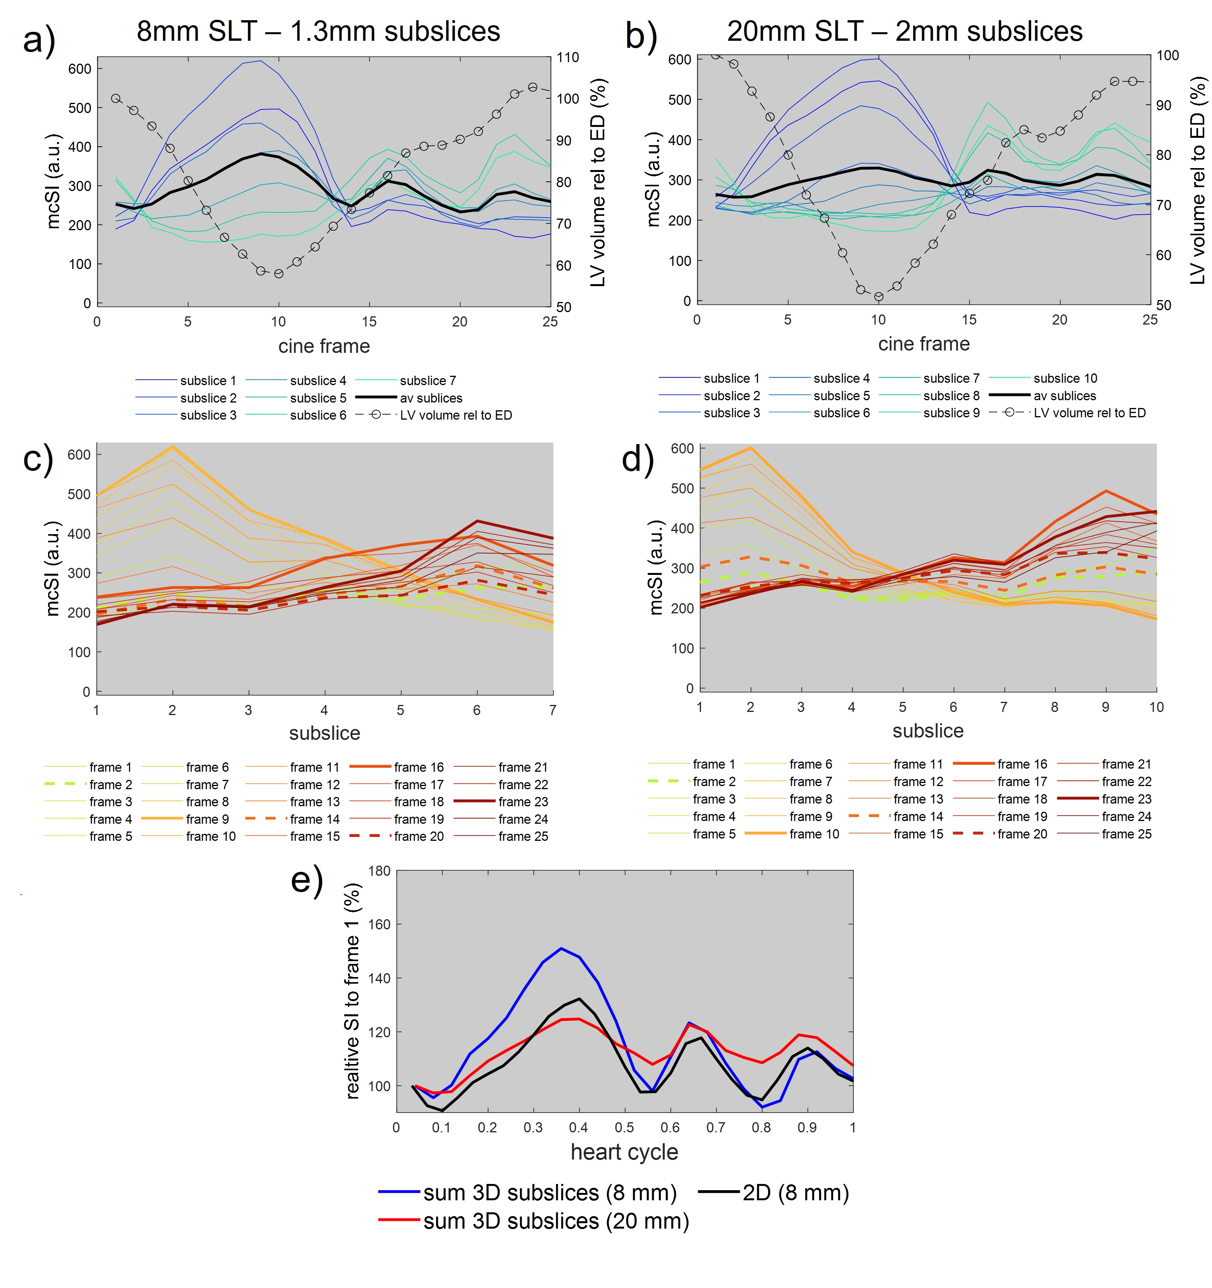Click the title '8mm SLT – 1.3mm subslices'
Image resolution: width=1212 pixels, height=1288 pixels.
point(318,31)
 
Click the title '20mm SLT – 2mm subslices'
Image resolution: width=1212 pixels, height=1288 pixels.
point(904,31)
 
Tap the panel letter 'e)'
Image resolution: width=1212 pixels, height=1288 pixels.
point(307,881)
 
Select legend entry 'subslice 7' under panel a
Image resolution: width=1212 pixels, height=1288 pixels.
point(428,380)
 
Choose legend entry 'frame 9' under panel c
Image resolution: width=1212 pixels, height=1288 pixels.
point(207,819)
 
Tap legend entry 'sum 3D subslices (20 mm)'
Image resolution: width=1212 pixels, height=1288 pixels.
point(556,1220)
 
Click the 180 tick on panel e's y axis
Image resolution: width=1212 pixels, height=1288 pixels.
point(379,871)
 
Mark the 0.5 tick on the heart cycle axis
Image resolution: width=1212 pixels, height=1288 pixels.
point(624,1127)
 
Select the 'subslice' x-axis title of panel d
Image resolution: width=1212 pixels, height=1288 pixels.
point(928,731)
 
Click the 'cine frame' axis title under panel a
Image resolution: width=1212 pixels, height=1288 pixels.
point(324,346)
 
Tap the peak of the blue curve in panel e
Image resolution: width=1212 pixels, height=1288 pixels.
point(561,948)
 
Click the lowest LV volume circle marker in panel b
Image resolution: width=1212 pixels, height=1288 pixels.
point(878,297)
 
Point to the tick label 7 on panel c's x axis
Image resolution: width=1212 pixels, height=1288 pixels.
point(553,710)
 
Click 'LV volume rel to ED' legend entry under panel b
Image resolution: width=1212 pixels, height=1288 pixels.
point(1089,413)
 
